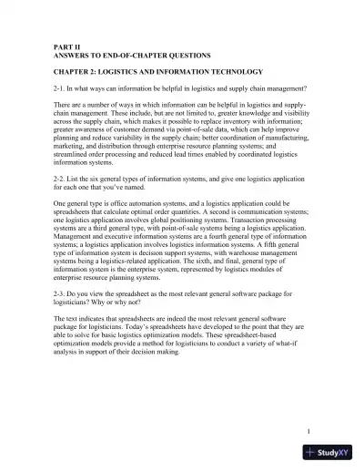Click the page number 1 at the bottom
tap(309, 431)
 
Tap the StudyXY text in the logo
tap(338, 453)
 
